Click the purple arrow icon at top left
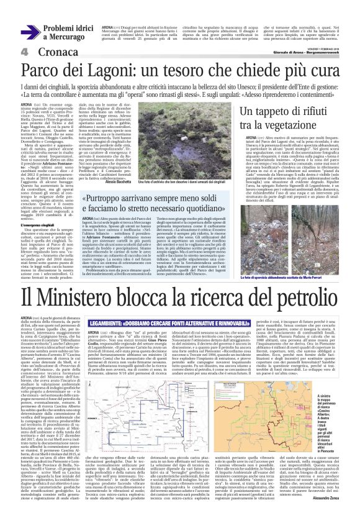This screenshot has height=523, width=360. (30, 32)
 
